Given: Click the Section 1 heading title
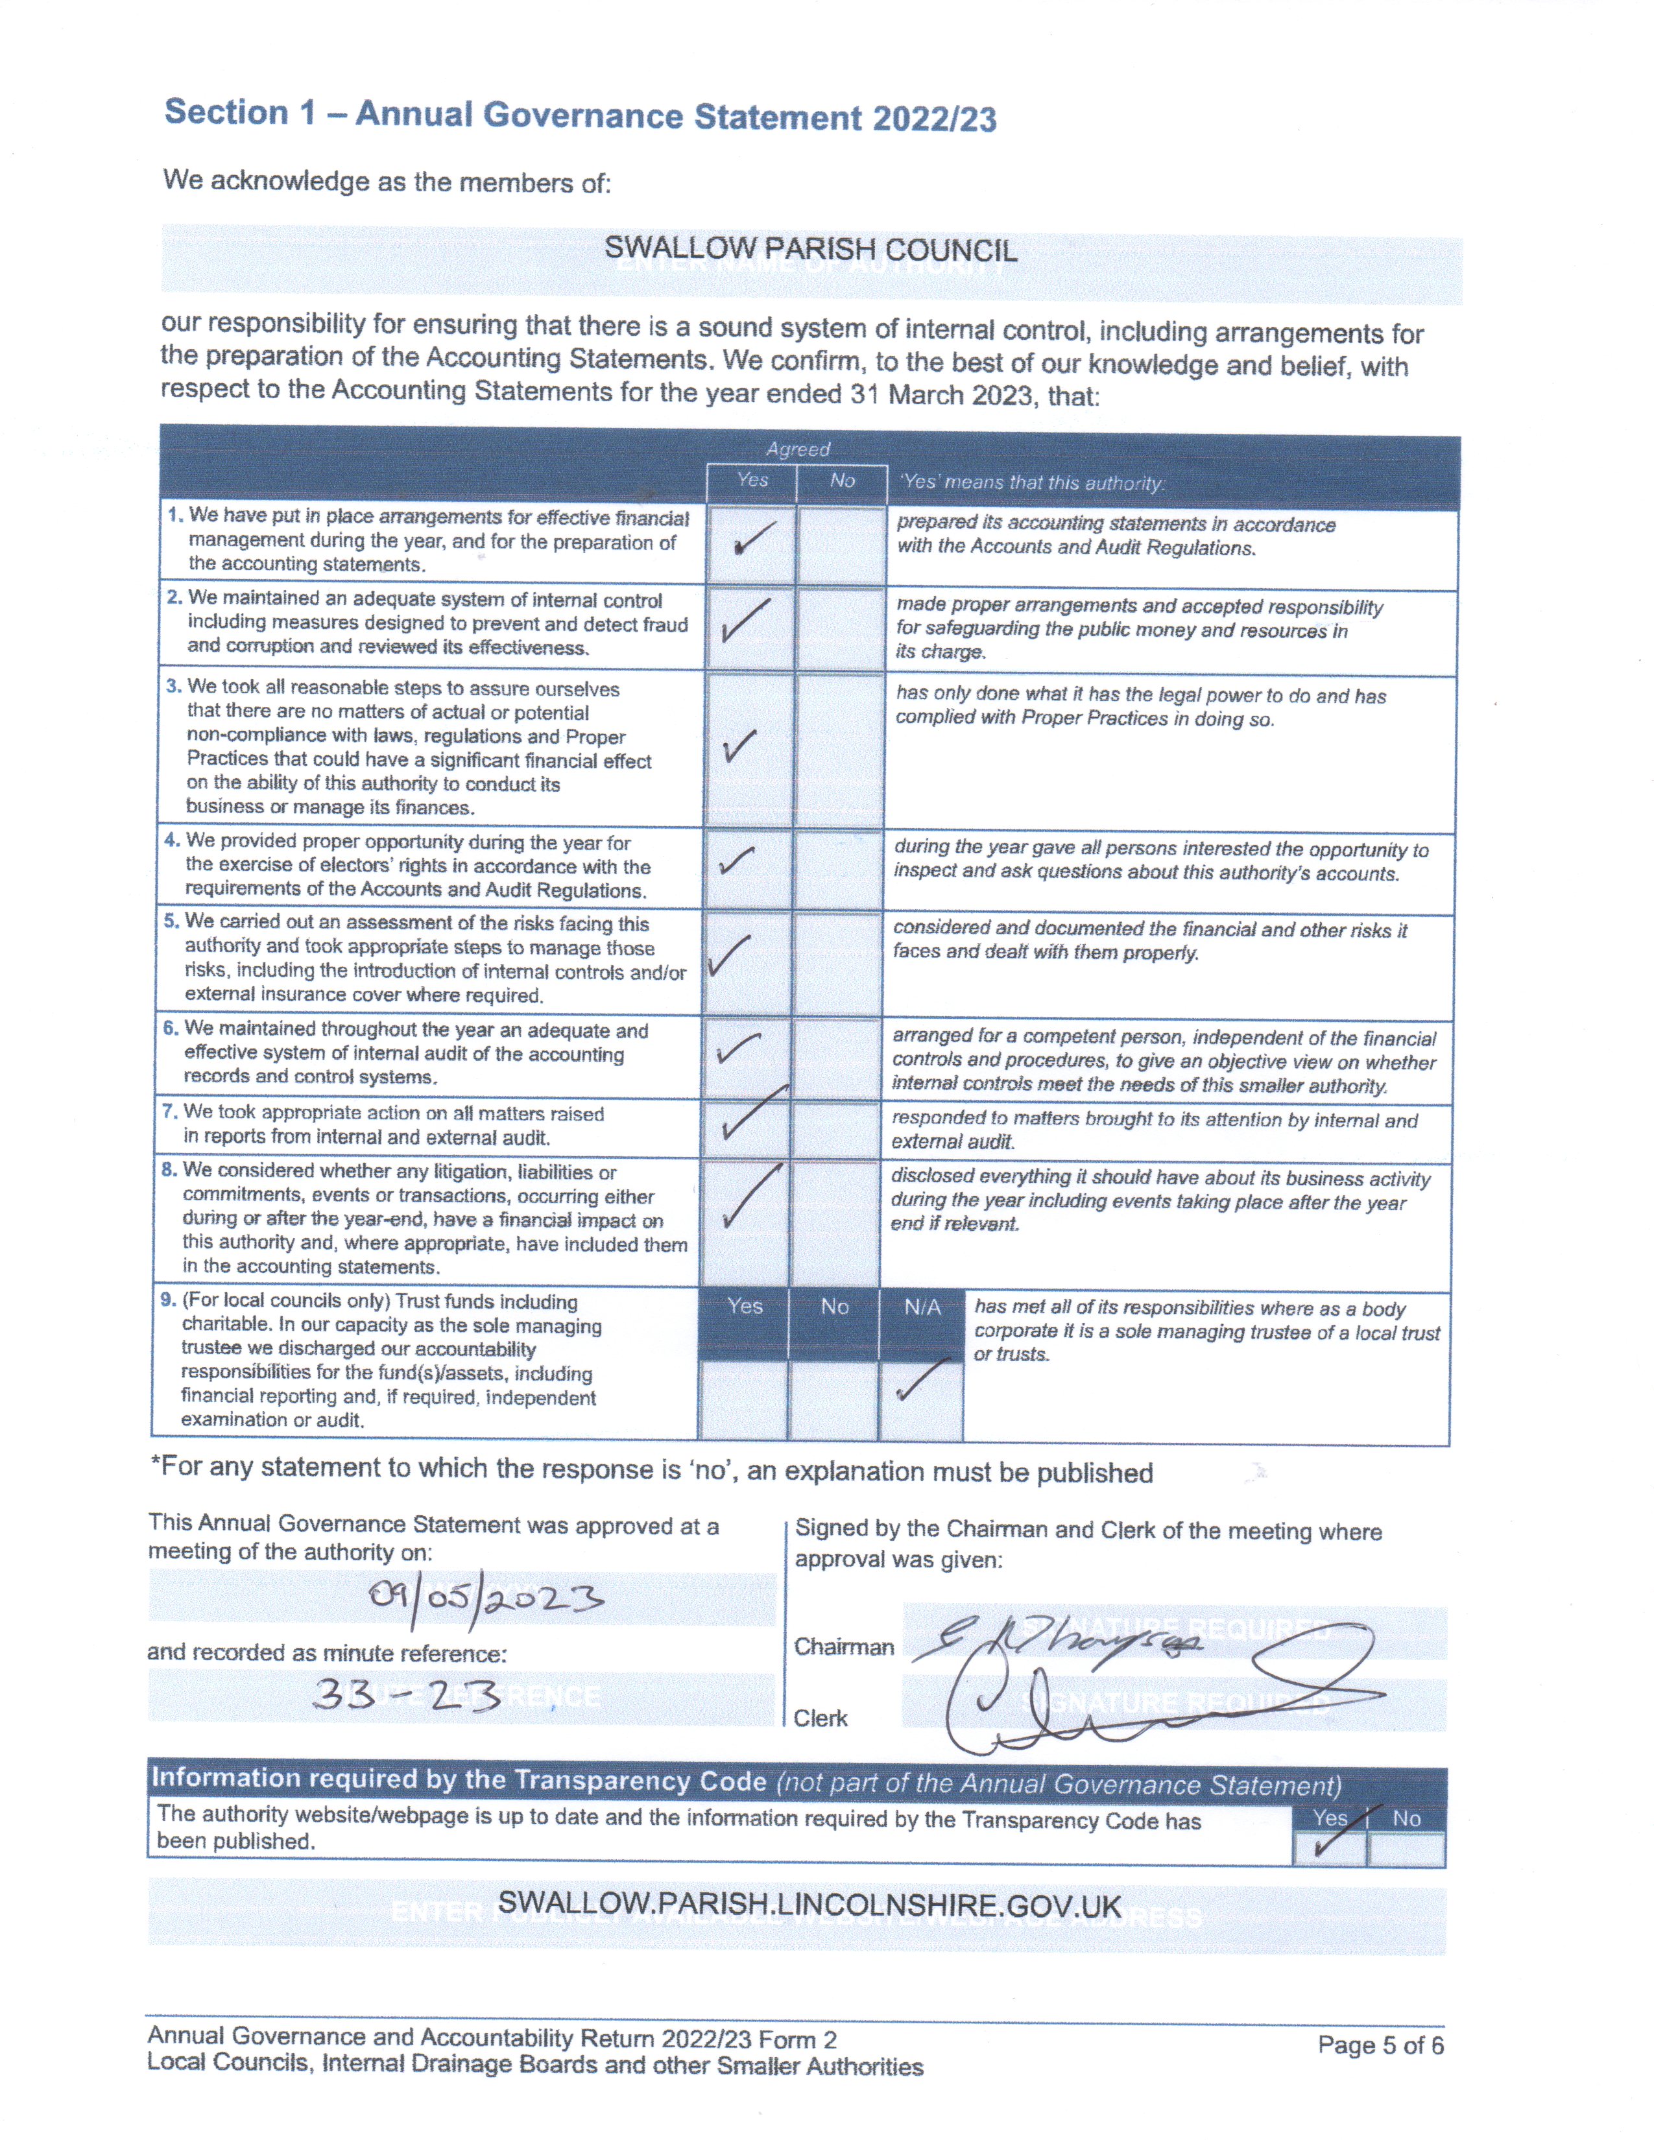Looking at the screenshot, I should pyautogui.click(x=580, y=115).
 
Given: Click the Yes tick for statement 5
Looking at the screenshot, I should pyautogui.click(x=729, y=955).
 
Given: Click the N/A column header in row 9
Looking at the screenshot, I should pyautogui.click(x=921, y=1307).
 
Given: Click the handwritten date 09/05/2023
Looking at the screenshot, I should pyautogui.click(x=486, y=1600).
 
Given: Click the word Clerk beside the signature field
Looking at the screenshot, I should pyautogui.click(x=820, y=1718).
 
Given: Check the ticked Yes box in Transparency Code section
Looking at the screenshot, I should pyautogui.click(x=1328, y=1847).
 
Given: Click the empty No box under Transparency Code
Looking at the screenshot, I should pyautogui.click(x=1406, y=1849).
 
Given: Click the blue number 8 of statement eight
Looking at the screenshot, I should pyautogui.click(x=169, y=1170).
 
